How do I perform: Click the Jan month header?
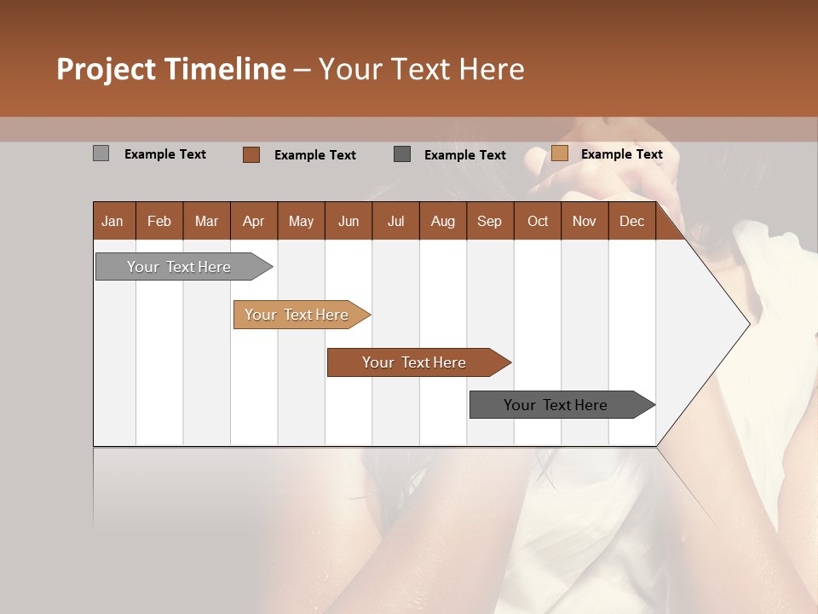113,221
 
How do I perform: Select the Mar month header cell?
206,221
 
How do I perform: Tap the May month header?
301,221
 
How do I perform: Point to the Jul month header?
395,221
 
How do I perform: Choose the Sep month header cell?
489,221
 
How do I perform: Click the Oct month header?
538,221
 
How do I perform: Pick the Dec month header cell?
631,221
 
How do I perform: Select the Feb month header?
159,221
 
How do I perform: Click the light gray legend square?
101,153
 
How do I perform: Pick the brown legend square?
251,154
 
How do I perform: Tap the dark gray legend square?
402,154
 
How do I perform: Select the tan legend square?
559,153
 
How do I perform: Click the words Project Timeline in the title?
170,69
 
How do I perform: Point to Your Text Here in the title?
421,69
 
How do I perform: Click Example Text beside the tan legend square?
621,153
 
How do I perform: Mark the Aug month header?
442,221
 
